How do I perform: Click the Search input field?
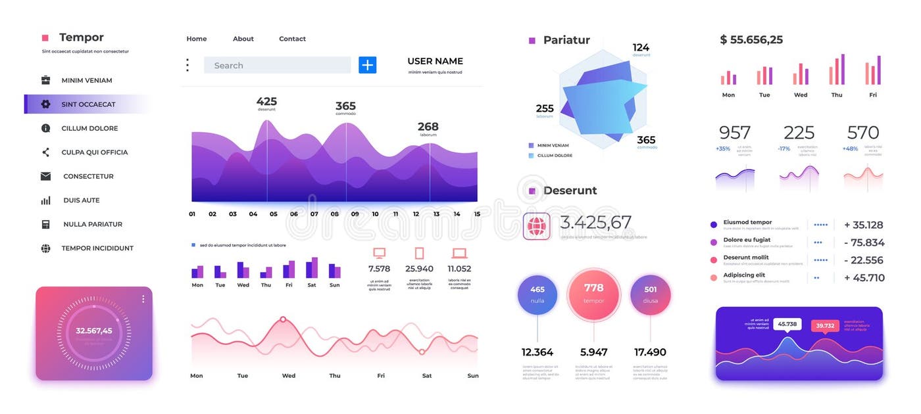click(x=276, y=65)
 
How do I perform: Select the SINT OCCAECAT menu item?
click(x=87, y=104)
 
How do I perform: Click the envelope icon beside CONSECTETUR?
click(x=45, y=176)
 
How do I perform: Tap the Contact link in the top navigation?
click(x=292, y=39)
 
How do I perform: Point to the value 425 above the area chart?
click(x=266, y=101)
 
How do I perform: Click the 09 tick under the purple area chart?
click(x=355, y=214)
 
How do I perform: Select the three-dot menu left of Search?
click(x=187, y=65)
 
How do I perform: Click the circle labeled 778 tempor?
click(x=593, y=293)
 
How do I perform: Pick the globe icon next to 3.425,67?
click(x=537, y=226)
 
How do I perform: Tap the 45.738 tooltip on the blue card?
click(x=787, y=324)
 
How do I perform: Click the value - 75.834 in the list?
click(x=864, y=242)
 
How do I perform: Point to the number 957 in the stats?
click(x=734, y=133)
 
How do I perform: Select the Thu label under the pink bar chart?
click(x=836, y=95)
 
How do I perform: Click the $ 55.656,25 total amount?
click(x=751, y=39)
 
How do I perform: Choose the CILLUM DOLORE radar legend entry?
click(x=554, y=156)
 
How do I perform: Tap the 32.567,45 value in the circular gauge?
click(x=93, y=331)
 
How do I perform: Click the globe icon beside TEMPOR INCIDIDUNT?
click(x=45, y=248)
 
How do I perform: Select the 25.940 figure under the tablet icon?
click(x=419, y=269)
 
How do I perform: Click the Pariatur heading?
click(x=566, y=40)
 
